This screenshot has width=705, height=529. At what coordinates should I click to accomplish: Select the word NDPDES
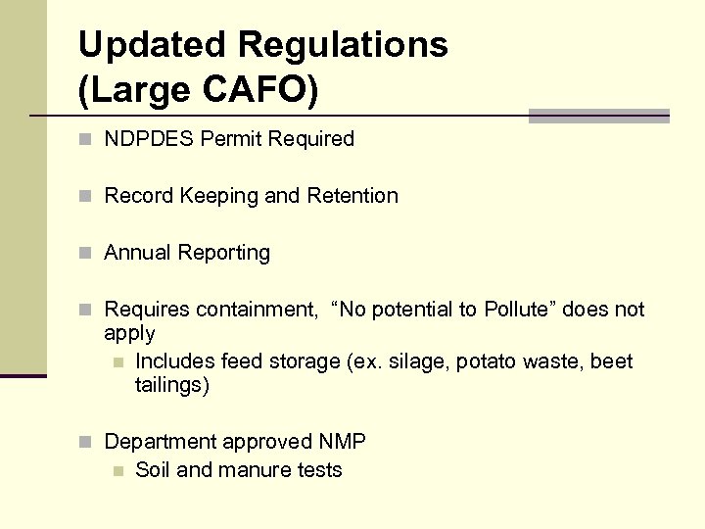point(149,139)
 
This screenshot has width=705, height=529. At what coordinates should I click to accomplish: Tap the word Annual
point(136,253)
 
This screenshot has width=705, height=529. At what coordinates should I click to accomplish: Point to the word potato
point(486,361)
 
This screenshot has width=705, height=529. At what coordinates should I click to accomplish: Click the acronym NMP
point(342,443)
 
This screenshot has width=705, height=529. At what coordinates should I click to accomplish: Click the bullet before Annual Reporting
point(86,254)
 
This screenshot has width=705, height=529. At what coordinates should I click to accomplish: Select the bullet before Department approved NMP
point(86,443)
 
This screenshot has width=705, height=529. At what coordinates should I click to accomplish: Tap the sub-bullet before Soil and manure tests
point(117,471)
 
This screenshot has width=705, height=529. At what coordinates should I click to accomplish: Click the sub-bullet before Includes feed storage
point(117,362)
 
